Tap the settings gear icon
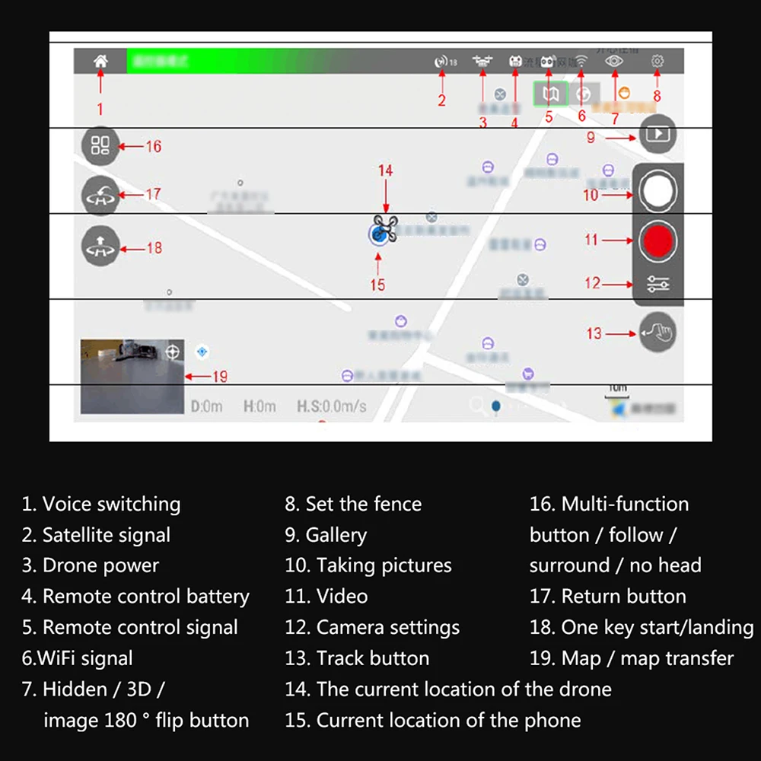click(x=657, y=62)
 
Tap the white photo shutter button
click(x=657, y=191)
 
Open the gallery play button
click(x=658, y=135)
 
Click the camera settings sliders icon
click(x=658, y=285)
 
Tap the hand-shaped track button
click(x=658, y=333)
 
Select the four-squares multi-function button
click(x=100, y=145)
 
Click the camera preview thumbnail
click(x=132, y=376)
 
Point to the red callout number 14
click(x=386, y=170)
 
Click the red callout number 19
click(x=219, y=376)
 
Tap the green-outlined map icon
click(x=550, y=94)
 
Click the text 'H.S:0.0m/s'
click(x=331, y=406)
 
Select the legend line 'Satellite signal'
click(x=97, y=535)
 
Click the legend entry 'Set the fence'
click(x=353, y=504)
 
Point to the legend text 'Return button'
click(x=608, y=597)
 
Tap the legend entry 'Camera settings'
click(x=372, y=628)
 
